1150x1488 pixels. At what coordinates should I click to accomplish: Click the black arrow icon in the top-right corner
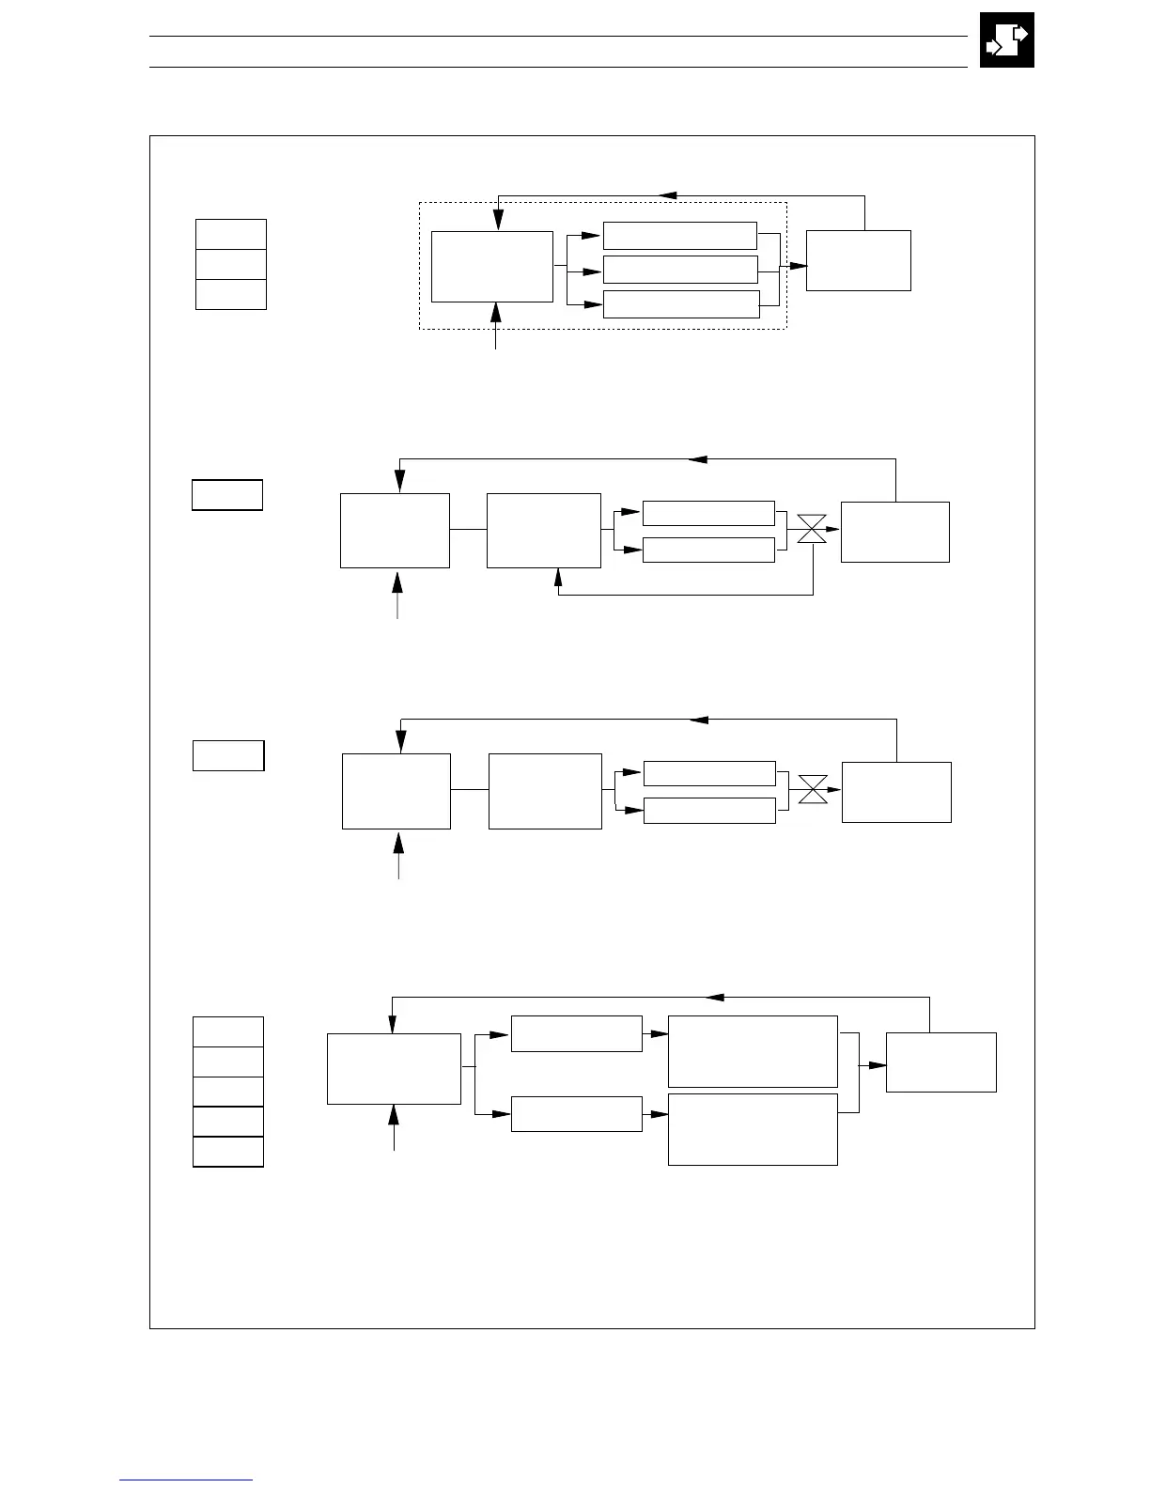pyautogui.click(x=1006, y=40)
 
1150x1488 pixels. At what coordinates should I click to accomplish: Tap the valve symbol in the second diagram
pyautogui.click(x=812, y=529)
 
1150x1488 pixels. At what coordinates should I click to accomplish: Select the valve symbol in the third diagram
pyautogui.click(x=812, y=789)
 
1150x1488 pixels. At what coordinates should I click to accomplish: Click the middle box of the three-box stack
pyautogui.click(x=230, y=264)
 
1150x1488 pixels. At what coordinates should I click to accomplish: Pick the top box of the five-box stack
pyautogui.click(x=227, y=1031)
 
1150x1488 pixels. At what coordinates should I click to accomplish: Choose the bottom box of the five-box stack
pyautogui.click(x=227, y=1152)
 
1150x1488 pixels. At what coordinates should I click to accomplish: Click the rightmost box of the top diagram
pyautogui.click(x=858, y=260)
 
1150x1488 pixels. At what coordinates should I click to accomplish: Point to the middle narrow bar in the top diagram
pyautogui.click(x=679, y=270)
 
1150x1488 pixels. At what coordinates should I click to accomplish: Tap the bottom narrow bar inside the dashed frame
pyautogui.click(x=680, y=304)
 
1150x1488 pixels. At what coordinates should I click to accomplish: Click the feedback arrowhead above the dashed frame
pyautogui.click(x=668, y=195)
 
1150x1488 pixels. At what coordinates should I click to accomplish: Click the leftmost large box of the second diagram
pyautogui.click(x=395, y=530)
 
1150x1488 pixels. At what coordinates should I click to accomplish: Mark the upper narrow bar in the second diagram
pyautogui.click(x=707, y=513)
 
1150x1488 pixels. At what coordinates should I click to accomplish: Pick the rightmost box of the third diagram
pyautogui.click(x=896, y=792)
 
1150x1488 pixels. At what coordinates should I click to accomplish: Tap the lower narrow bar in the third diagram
pyautogui.click(x=709, y=810)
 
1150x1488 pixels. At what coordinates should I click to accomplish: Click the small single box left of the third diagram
pyautogui.click(x=228, y=755)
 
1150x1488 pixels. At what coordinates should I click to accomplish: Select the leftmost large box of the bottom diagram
pyautogui.click(x=394, y=1069)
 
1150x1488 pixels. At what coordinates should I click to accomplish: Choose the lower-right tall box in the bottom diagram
pyautogui.click(x=752, y=1129)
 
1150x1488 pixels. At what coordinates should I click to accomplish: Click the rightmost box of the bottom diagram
pyautogui.click(x=940, y=1062)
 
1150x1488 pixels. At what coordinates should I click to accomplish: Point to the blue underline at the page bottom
pyautogui.click(x=186, y=1480)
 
